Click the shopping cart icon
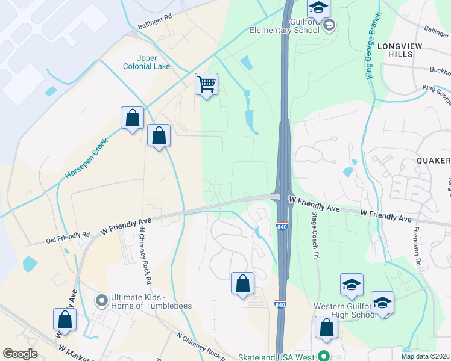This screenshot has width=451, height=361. tap(206, 84)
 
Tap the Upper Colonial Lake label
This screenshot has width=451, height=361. tap(147, 62)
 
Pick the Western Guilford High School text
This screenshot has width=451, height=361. tap(345, 310)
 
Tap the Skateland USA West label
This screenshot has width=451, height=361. tap(276, 356)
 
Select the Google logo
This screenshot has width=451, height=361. tap(20, 354)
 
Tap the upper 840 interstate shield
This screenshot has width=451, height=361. tap(282, 226)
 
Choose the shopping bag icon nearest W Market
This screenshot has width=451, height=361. tap(65, 319)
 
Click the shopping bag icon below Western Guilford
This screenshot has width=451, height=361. tap(326, 328)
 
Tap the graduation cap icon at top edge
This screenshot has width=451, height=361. tap(319, 8)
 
